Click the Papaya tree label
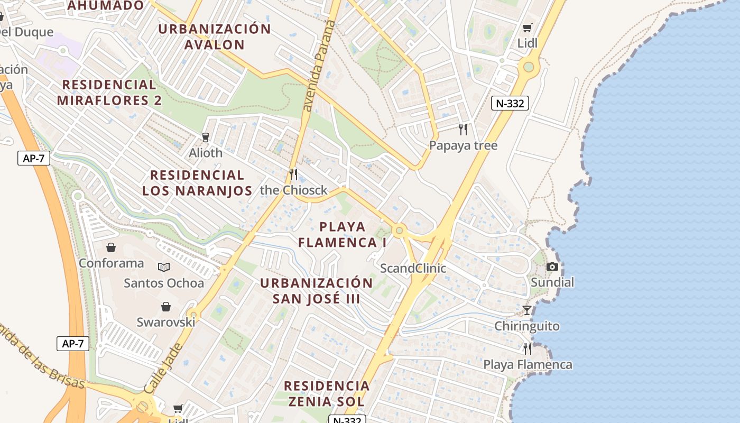pyautogui.click(x=463, y=145)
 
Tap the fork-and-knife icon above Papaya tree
pyautogui.click(x=463, y=130)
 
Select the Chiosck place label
pyautogui.click(x=294, y=190)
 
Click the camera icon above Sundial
pyautogui.click(x=552, y=267)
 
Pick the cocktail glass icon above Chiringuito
pyautogui.click(x=527, y=310)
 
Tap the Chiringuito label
pyautogui.click(x=526, y=326)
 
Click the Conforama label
pyautogui.click(x=111, y=263)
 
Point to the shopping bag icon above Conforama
pyautogui.click(x=111, y=247)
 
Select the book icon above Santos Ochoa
pyautogui.click(x=164, y=268)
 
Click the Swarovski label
pyautogui.click(x=166, y=322)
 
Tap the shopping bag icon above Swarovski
pyautogui.click(x=166, y=307)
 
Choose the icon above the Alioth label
pyautogui.click(x=206, y=137)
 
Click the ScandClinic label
pyautogui.click(x=413, y=269)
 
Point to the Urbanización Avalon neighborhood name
pyautogui.click(x=215, y=36)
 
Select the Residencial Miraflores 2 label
pyautogui.click(x=109, y=92)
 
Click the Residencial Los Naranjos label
pyautogui.click(x=197, y=182)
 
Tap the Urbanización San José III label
pyautogui.click(x=316, y=290)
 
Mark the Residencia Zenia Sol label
pyautogui.click(x=327, y=393)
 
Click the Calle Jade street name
pyautogui.click(x=163, y=368)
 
